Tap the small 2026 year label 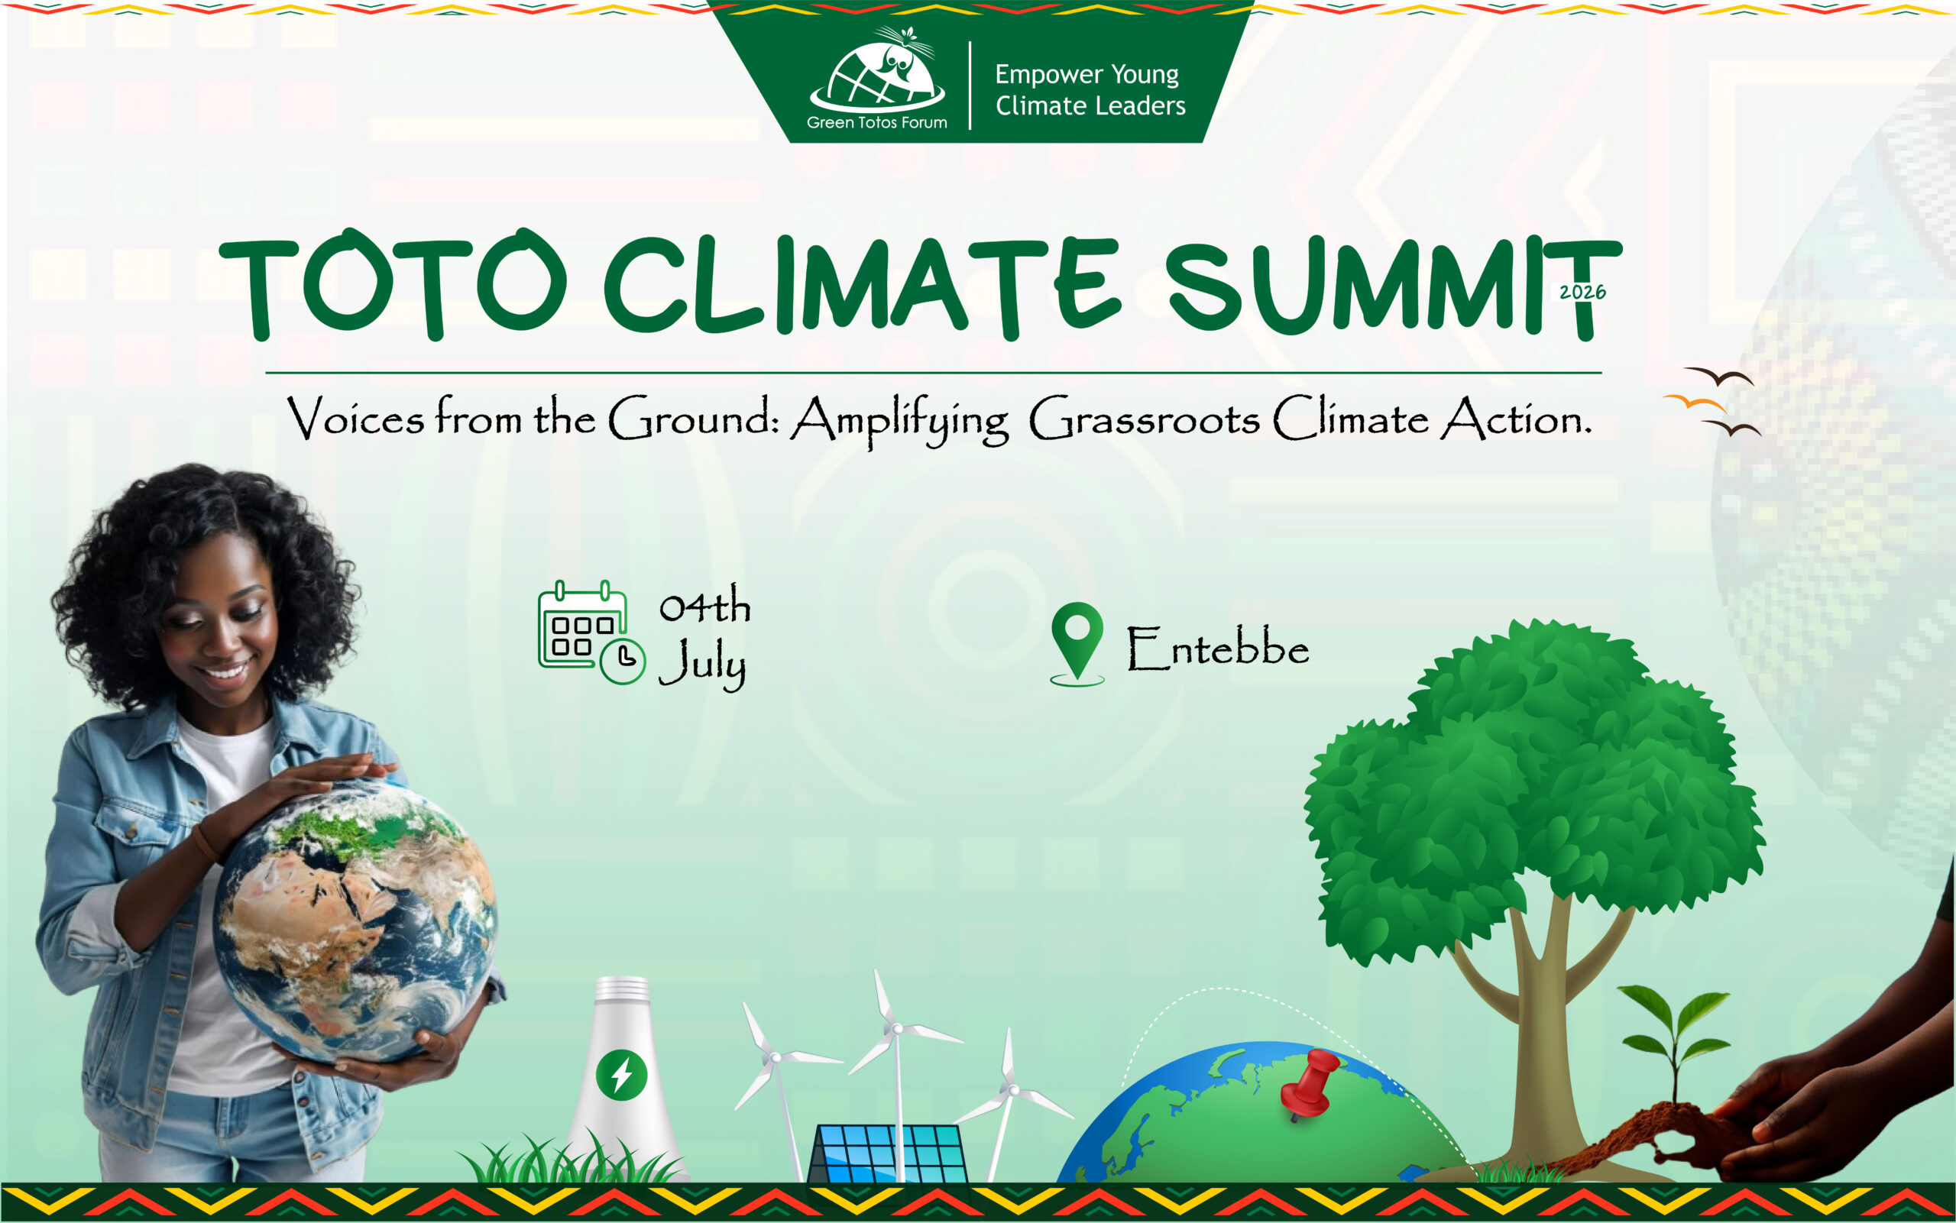point(1582,292)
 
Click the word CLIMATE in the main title point(863,287)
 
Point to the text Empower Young point(1086,74)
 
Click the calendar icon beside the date point(591,633)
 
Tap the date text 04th point(704,606)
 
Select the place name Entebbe point(1218,649)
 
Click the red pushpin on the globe point(1309,1084)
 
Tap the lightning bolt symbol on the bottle point(621,1075)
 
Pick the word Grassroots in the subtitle point(1145,419)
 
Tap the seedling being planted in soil point(1675,1043)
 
